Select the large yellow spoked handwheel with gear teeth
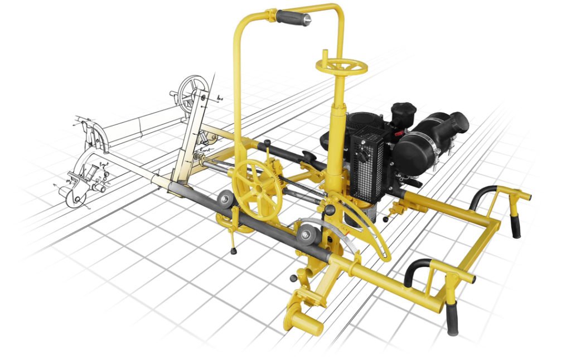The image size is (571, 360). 258,189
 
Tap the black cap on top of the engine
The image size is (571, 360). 403,110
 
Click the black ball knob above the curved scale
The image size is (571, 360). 330,210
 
